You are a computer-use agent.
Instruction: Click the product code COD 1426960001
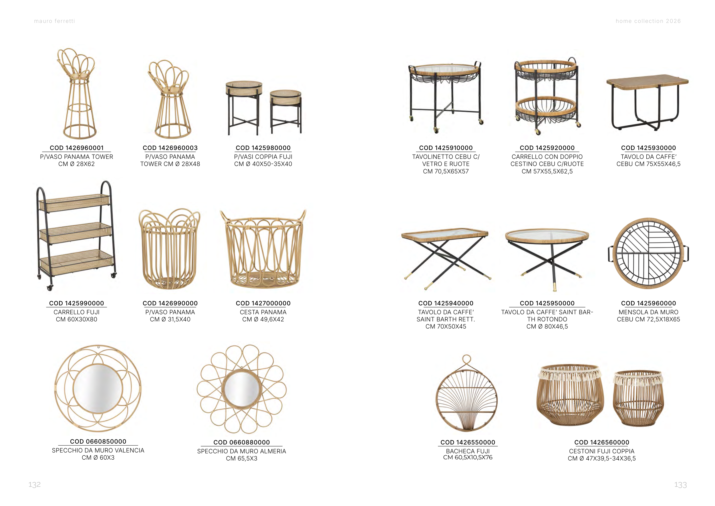[x=77, y=148]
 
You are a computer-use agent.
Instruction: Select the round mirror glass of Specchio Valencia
[x=98, y=388]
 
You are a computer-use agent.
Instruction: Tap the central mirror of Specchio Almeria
[x=242, y=389]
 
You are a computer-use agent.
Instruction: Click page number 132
[x=35, y=485]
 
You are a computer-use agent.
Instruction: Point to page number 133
[x=680, y=485]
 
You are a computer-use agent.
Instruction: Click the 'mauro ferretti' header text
[x=55, y=21]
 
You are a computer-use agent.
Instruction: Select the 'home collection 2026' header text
[x=648, y=21]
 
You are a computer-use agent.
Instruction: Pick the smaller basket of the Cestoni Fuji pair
[x=638, y=398]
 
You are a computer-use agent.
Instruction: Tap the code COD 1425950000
[x=547, y=303]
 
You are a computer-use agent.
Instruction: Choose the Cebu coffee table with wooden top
[x=648, y=103]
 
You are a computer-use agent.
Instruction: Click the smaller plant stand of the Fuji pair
[x=285, y=111]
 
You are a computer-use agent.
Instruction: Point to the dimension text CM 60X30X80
[x=77, y=319]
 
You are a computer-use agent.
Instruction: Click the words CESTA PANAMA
[x=263, y=312]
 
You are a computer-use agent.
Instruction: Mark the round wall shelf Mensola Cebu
[x=648, y=253]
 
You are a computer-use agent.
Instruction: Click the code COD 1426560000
[x=602, y=442]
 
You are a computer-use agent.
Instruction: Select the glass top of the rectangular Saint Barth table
[x=445, y=234]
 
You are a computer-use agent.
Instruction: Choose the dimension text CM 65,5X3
[x=242, y=459]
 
